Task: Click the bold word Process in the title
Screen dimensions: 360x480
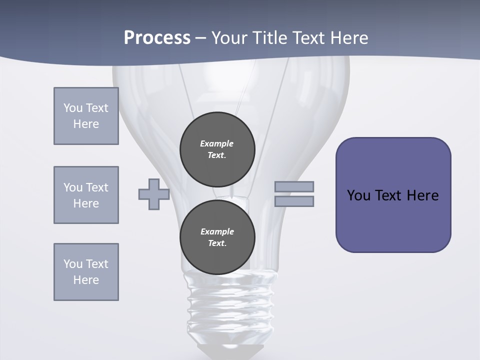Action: click(x=157, y=37)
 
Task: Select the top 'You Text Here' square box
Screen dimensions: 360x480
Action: click(x=86, y=116)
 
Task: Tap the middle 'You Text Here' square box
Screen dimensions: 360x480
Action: click(x=86, y=195)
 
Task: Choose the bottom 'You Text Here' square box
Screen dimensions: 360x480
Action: click(x=86, y=272)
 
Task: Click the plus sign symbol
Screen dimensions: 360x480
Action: click(x=153, y=194)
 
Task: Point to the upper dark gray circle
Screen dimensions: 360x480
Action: click(x=217, y=149)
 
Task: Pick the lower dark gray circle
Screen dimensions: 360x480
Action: click(x=217, y=237)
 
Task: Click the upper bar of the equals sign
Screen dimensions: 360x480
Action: click(x=294, y=186)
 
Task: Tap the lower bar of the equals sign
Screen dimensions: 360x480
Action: click(x=294, y=201)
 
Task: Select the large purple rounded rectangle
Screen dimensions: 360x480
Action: click(x=393, y=195)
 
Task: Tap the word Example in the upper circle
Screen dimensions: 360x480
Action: click(x=217, y=143)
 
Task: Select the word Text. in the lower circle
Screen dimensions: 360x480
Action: click(x=217, y=243)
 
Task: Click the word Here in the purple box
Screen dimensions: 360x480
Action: click(x=422, y=195)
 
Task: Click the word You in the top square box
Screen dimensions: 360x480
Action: click(x=73, y=108)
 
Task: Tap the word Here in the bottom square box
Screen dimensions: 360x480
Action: click(x=86, y=280)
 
